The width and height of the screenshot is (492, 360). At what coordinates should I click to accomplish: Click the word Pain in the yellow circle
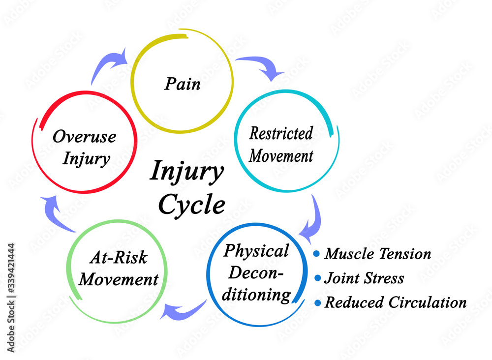[x=183, y=84]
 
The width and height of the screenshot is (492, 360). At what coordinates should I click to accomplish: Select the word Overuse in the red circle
[x=84, y=137]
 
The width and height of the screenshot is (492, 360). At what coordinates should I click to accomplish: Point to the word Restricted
[x=281, y=133]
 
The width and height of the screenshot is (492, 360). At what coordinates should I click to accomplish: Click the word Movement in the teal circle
[x=281, y=156]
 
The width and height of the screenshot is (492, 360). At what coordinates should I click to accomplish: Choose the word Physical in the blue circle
[x=256, y=251]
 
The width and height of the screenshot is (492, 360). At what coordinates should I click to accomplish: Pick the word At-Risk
[x=119, y=258]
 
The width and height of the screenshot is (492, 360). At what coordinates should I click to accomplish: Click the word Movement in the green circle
[x=119, y=279]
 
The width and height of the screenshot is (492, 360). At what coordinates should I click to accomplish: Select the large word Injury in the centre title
[x=186, y=172]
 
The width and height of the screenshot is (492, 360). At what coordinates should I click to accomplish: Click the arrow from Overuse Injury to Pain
[x=110, y=67]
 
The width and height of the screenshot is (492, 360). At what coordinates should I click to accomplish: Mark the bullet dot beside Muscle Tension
[x=316, y=254]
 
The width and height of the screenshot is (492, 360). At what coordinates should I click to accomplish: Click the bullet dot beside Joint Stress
[x=316, y=278]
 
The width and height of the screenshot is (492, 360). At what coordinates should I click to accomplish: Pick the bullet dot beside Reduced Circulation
[x=316, y=302]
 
